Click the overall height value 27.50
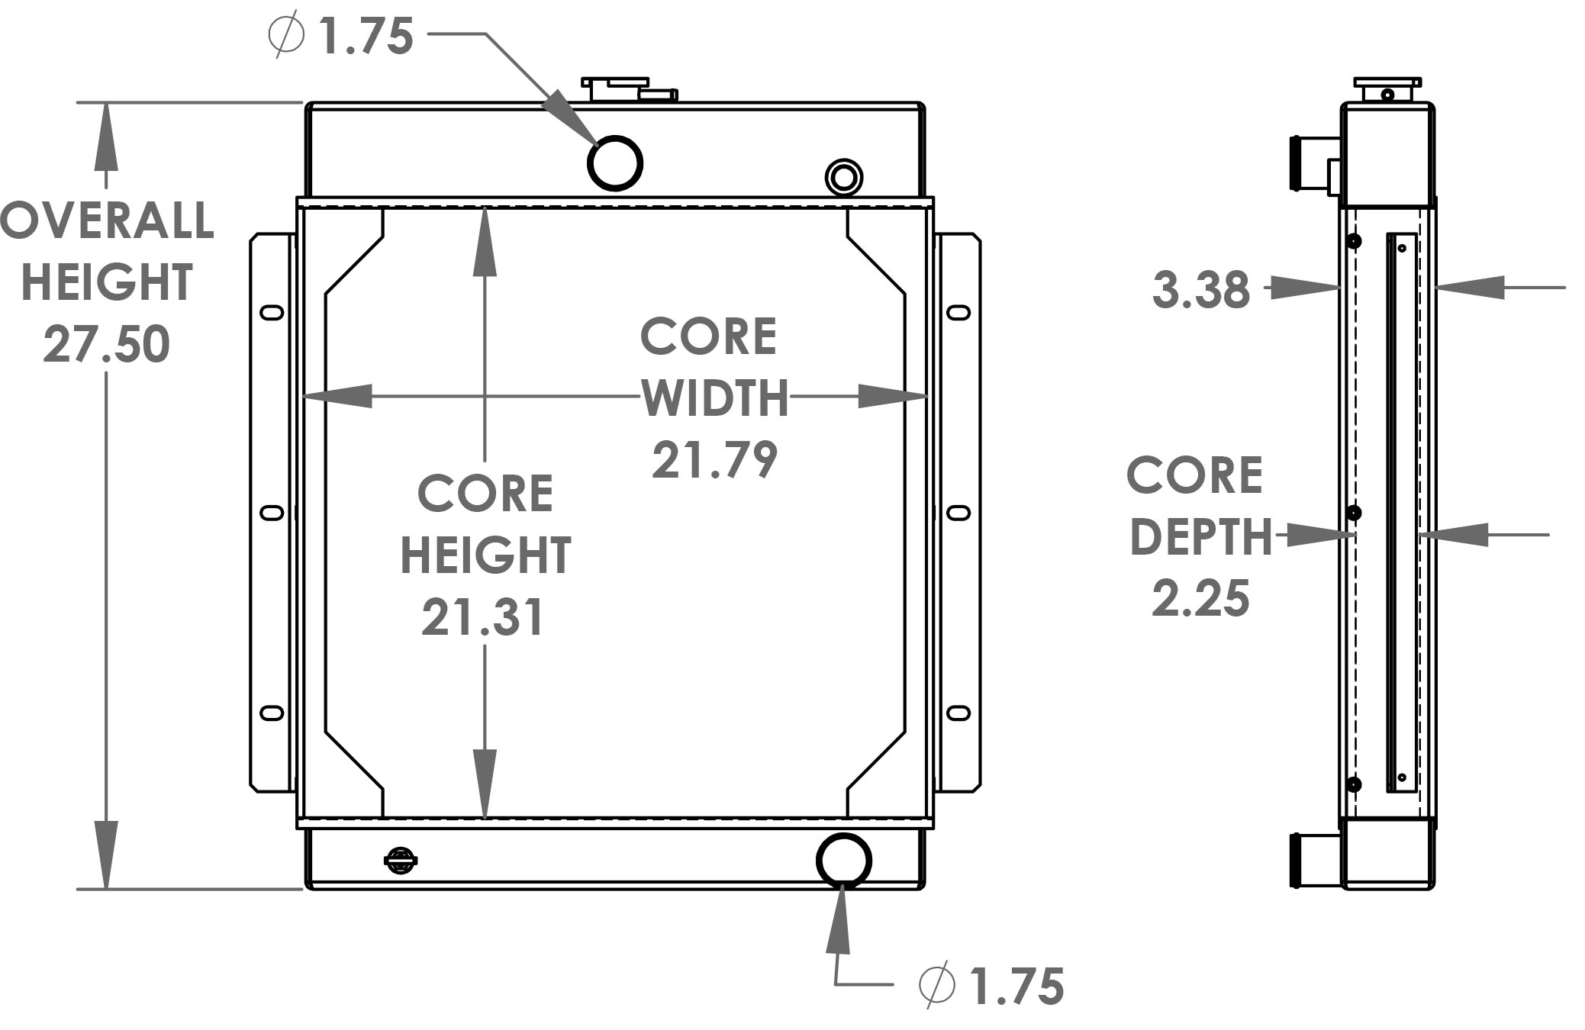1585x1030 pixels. pyautogui.click(x=106, y=344)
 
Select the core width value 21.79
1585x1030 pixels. pyautogui.click(x=714, y=460)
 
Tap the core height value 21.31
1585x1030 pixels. pyautogui.click(x=483, y=617)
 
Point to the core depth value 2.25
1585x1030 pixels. pyautogui.click(x=1200, y=598)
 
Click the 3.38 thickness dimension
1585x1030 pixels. pyautogui.click(x=1201, y=290)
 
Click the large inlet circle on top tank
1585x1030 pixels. pyautogui.click(x=614, y=163)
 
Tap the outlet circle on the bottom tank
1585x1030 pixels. pyautogui.click(x=843, y=860)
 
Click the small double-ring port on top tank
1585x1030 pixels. pyautogui.click(x=843, y=178)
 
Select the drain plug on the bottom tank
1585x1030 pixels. pyautogui.click(x=400, y=861)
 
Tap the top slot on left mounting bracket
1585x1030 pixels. pyautogui.click(x=272, y=312)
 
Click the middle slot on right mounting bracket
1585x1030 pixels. pyautogui.click(x=958, y=513)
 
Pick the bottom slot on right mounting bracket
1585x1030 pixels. pyautogui.click(x=958, y=713)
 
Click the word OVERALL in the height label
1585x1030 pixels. pyautogui.click(x=107, y=221)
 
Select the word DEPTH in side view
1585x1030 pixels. pyautogui.click(x=1200, y=537)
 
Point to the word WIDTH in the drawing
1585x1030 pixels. pyautogui.click(x=714, y=398)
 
